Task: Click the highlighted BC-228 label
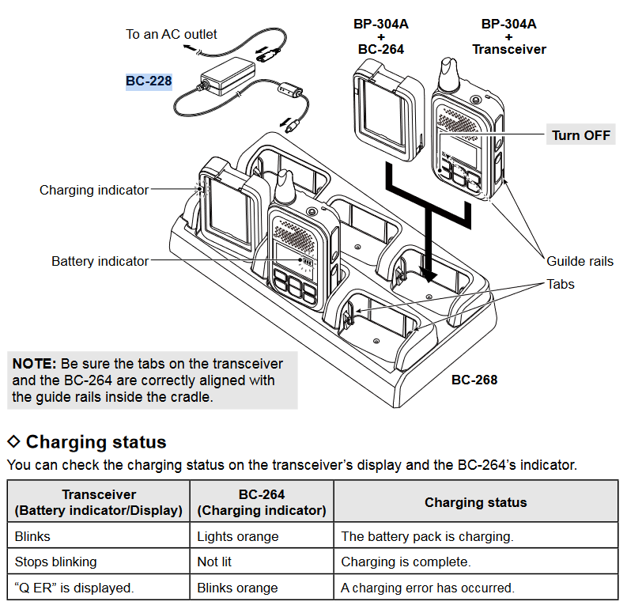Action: point(149,81)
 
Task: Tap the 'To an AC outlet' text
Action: point(172,34)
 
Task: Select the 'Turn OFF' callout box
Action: point(581,135)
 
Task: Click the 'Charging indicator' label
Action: point(94,190)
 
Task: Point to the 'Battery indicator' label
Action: point(100,261)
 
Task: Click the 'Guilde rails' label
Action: point(580,261)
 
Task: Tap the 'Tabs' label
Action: point(561,284)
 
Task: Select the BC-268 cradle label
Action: point(474,380)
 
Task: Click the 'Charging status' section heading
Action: point(96,441)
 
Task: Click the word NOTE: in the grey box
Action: point(34,364)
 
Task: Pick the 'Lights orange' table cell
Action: point(238,536)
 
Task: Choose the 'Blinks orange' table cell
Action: point(237,588)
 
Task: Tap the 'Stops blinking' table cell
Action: point(56,562)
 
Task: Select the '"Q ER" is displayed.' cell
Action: point(74,588)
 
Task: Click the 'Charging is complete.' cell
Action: point(406,562)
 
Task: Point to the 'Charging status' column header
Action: point(475,502)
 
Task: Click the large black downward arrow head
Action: point(429,272)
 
